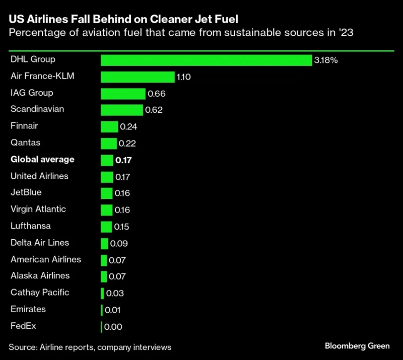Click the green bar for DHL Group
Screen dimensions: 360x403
[x=207, y=60]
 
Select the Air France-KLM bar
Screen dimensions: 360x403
[x=138, y=77]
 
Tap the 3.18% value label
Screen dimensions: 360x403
[x=326, y=60]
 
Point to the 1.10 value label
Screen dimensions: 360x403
[x=184, y=77]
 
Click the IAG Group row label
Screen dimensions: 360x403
[x=32, y=93]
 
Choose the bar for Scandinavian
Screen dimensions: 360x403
[x=122, y=110]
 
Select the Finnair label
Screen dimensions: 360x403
[x=24, y=126]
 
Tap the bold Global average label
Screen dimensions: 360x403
[x=42, y=159]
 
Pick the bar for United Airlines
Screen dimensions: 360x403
[x=107, y=177]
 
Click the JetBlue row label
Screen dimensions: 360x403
[x=26, y=192]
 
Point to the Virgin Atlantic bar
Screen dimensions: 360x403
[x=106, y=210]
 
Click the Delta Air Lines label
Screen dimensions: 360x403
[x=40, y=242]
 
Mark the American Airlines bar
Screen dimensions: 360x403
[x=104, y=260]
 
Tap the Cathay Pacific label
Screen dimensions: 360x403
[x=40, y=292]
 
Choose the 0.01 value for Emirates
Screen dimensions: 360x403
[x=113, y=310]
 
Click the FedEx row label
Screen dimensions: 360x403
[x=23, y=325]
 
